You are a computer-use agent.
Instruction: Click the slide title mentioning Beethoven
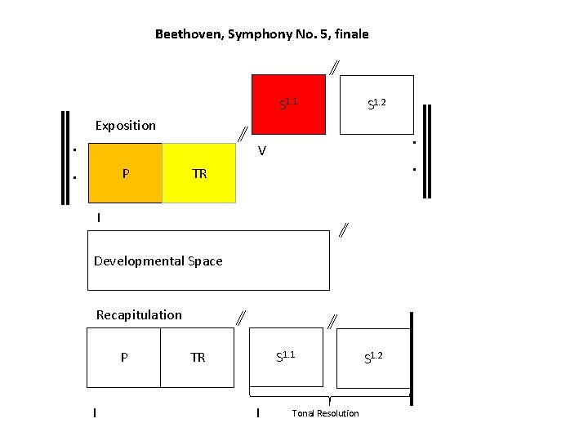(261, 34)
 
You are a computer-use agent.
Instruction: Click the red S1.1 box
(288, 104)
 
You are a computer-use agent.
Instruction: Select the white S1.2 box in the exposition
(376, 104)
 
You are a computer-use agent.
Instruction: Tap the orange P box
(125, 173)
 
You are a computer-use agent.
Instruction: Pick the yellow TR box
(199, 173)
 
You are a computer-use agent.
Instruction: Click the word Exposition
(125, 126)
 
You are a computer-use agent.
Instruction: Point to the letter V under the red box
(261, 151)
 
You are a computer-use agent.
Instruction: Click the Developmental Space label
(158, 261)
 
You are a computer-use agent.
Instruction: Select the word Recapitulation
(139, 315)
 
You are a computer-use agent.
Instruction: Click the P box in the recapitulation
(123, 358)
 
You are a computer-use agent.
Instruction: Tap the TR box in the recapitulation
(198, 358)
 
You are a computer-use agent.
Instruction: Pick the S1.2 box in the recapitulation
(373, 357)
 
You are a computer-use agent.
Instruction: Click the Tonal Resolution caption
(325, 413)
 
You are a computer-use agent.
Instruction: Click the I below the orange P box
(98, 218)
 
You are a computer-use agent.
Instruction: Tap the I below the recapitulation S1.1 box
(258, 413)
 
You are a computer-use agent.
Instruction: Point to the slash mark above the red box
(335, 67)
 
